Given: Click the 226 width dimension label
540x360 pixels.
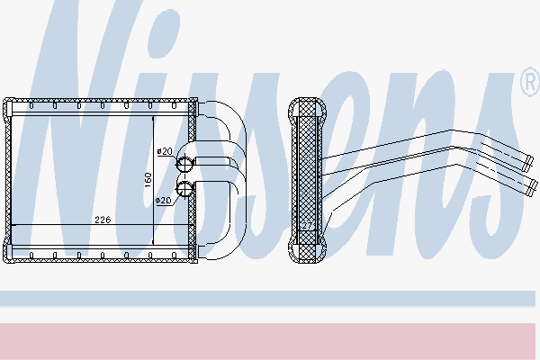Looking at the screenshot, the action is pos(103,220).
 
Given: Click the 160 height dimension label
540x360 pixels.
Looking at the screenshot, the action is pos(148,180).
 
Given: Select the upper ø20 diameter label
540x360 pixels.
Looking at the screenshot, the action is pos(165,151).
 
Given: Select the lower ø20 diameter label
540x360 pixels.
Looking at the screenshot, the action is pos(164,201).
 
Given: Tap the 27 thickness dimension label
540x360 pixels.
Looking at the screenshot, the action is pos(307,226).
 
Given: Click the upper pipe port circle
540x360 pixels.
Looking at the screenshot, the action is pos(184,163).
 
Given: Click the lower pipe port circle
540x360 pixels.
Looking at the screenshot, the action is pos(184,188).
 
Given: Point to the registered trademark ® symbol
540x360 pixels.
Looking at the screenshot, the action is pos(530,82).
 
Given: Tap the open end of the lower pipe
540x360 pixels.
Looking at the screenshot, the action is pos(533,187).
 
